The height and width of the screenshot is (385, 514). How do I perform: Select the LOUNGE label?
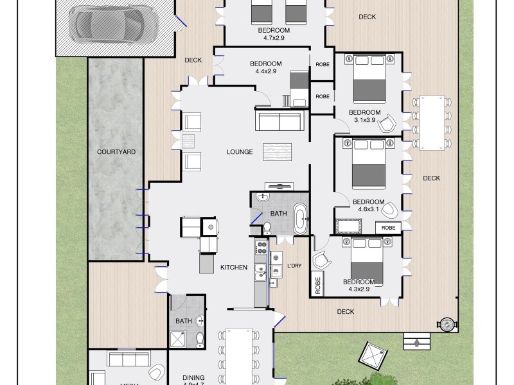click(x=240, y=152)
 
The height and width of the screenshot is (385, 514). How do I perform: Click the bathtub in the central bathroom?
click(x=300, y=220)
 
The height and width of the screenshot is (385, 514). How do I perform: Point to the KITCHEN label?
click(x=234, y=268)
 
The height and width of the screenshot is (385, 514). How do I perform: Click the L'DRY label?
click(x=294, y=266)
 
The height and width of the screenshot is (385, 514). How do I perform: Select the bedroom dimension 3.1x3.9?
click(x=365, y=120)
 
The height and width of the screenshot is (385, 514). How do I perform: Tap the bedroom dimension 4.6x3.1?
click(x=369, y=209)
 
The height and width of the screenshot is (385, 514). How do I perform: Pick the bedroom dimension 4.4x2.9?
click(x=265, y=71)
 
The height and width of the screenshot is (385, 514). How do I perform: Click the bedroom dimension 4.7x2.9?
click(x=274, y=38)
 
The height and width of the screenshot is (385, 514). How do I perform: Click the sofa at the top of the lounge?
click(x=279, y=119)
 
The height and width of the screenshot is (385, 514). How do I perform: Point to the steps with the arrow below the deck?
click(x=418, y=343)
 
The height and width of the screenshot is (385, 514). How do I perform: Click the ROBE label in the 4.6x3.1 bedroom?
click(x=388, y=228)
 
